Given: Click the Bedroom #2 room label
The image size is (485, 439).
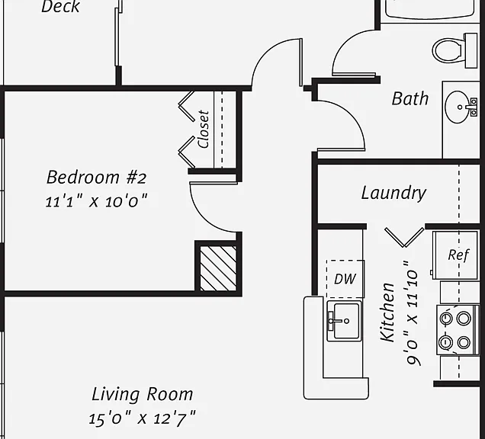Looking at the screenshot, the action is pyautogui.click(x=96, y=177).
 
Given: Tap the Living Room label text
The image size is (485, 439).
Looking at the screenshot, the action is pyautogui.click(x=143, y=394).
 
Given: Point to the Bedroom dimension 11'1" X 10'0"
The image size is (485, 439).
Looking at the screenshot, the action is pyautogui.click(x=96, y=201).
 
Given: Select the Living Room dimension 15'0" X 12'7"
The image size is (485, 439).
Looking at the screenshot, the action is pyautogui.click(x=143, y=418).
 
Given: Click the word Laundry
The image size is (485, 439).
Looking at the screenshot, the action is pyautogui.click(x=393, y=194).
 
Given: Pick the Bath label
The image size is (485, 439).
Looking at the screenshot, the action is pyautogui.click(x=410, y=98).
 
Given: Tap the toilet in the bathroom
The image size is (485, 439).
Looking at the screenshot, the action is pyautogui.click(x=454, y=50).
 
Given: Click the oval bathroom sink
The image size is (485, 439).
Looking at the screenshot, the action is pyautogui.click(x=457, y=107).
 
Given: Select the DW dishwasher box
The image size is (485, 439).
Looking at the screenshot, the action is pyautogui.click(x=345, y=279).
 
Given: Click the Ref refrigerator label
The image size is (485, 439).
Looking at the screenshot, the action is pyautogui.click(x=458, y=255).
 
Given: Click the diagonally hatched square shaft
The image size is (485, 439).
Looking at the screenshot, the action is pyautogui.click(x=218, y=268).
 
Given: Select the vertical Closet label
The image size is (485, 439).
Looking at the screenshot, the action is pyautogui.click(x=204, y=130).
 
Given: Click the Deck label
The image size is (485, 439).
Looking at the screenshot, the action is pyautogui.click(x=61, y=7).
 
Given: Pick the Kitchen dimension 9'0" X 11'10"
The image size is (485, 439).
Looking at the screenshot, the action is pyautogui.click(x=413, y=313).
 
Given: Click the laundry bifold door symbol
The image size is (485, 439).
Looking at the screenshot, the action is pyautogui.click(x=404, y=238).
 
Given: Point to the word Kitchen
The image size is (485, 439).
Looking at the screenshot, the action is pyautogui.click(x=388, y=312).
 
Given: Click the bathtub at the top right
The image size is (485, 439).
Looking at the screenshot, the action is pyautogui.click(x=430, y=9).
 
